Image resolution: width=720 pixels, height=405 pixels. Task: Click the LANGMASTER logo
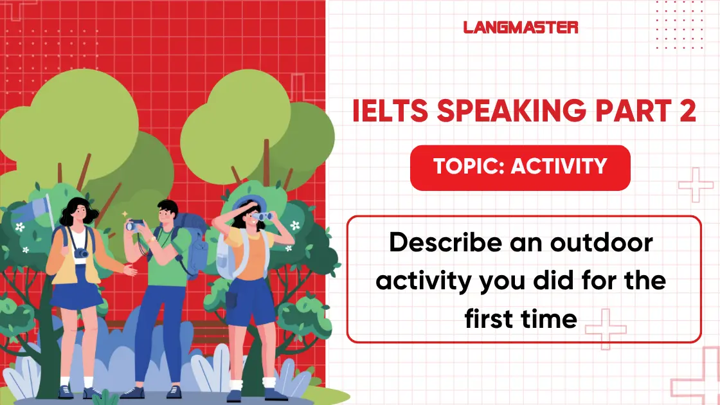coord(520,27)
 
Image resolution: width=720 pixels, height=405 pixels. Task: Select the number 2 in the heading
coord(686,111)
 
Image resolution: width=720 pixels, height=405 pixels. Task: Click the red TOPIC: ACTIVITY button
coord(520,167)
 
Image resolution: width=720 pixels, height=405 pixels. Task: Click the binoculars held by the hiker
coord(264,217)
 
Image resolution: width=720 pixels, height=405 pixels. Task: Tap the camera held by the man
coord(135,224)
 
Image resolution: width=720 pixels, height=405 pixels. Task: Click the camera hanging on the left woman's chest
coord(81,253)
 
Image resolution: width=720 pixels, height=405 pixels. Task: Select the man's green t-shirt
coord(169,257)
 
